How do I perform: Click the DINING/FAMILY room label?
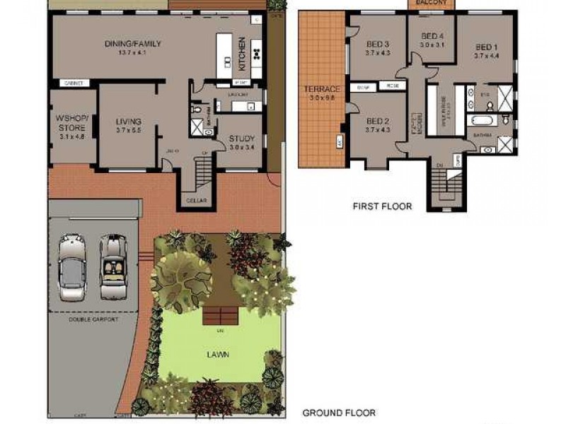coord(132,44)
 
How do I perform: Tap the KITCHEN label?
coord(242,54)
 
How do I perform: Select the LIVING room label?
coord(128,122)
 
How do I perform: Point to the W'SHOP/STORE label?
coord(72,123)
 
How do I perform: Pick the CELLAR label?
coord(197,201)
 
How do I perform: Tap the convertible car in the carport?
coord(112,266)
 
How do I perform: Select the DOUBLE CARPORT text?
coord(93,319)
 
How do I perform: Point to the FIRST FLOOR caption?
coord(382,207)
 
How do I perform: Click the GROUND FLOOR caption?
coord(339,413)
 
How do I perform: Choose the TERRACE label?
coord(322,89)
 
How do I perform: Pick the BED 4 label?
coord(432,36)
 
